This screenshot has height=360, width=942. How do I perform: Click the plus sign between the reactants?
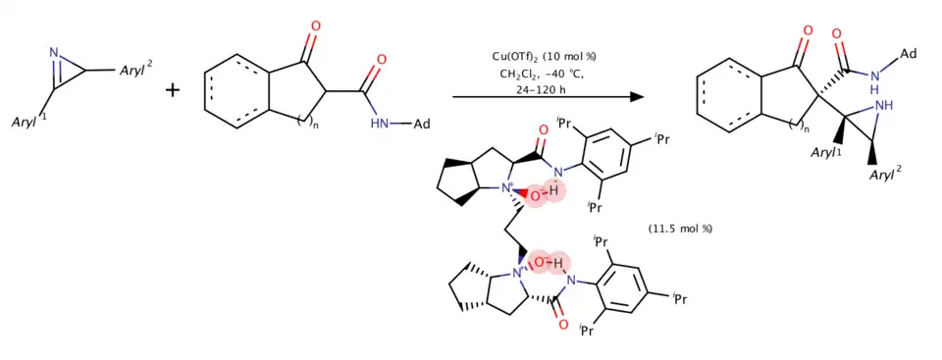click(x=173, y=91)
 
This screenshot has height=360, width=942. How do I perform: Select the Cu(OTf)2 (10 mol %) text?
click(x=543, y=57)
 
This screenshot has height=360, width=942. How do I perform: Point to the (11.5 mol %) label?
click(x=680, y=229)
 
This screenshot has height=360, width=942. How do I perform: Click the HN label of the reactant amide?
click(x=380, y=125)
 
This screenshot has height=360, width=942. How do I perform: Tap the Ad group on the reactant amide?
click(x=420, y=125)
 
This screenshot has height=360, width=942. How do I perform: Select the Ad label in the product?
click(x=907, y=54)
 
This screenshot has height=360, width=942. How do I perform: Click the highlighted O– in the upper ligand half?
click(x=537, y=195)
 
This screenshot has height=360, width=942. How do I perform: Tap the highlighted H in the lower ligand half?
click(x=559, y=263)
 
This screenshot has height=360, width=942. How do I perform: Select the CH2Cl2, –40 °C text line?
click(x=542, y=73)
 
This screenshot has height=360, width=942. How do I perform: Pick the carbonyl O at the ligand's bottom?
click(x=563, y=324)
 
